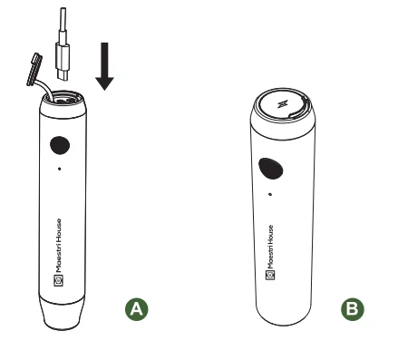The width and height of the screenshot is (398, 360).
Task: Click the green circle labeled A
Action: point(137,308)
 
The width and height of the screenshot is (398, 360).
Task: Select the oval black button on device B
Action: point(270,168)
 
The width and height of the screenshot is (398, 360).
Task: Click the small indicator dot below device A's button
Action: point(60,169)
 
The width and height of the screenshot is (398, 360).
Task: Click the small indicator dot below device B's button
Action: point(268,192)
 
